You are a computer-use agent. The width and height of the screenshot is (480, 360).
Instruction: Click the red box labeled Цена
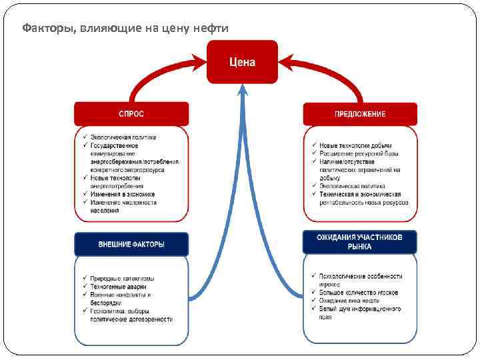(x=242, y=62)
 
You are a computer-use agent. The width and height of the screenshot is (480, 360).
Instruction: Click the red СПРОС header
(x=131, y=113)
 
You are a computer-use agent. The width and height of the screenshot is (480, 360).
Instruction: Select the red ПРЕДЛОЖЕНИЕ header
(x=360, y=114)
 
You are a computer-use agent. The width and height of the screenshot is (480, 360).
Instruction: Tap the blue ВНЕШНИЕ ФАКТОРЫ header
(x=131, y=244)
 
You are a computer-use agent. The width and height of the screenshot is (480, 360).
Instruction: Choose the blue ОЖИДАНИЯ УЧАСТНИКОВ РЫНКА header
(x=359, y=241)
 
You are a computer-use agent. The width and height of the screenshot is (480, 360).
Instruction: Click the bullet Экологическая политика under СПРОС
(x=123, y=137)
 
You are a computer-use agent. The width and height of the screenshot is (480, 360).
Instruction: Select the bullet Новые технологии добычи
(x=355, y=145)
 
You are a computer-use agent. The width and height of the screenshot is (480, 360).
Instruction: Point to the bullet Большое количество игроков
(x=358, y=292)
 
